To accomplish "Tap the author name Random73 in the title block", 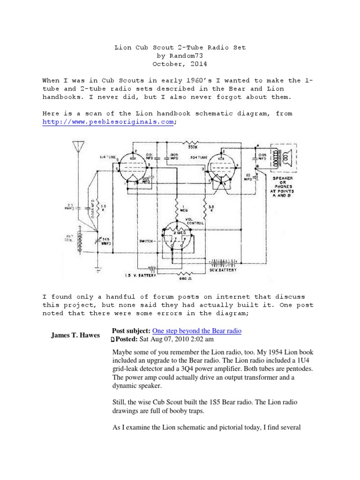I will pos(180,56).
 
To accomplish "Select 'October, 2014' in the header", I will pos(180,64).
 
